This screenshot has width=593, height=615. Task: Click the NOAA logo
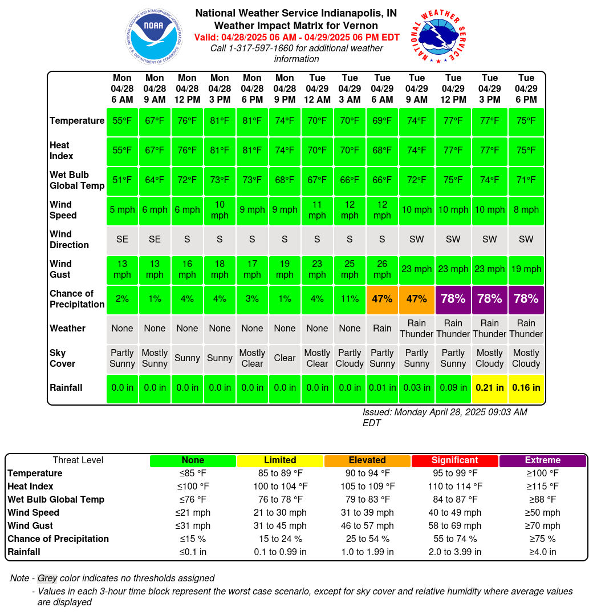pos(154,36)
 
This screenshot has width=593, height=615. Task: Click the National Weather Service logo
pos(438,36)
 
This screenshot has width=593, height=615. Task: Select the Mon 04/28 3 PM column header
pos(220,88)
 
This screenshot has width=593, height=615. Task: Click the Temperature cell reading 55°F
pos(122,121)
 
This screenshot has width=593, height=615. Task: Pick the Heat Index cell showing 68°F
pos(382,151)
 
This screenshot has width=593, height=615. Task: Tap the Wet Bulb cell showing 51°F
pos(122,180)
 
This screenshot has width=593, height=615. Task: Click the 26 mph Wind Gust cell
pos(382,269)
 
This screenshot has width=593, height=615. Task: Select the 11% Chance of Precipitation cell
pos(350,299)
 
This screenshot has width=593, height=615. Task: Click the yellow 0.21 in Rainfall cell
pos(490,388)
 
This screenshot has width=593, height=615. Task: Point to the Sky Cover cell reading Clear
pos(285,358)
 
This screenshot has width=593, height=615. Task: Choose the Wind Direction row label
pos(70,240)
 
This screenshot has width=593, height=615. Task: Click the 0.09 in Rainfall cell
pos(453,388)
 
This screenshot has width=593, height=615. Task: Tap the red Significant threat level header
pos(454,460)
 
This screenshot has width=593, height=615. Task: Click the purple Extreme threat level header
pos(542,460)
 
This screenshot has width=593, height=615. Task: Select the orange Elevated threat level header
pos(367,460)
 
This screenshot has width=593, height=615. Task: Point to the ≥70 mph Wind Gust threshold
pos(542,526)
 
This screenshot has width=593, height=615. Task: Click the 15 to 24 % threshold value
pos(280,539)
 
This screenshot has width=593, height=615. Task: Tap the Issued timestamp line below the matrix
pos(444,418)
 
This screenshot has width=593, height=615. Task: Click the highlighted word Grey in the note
pos(47,578)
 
